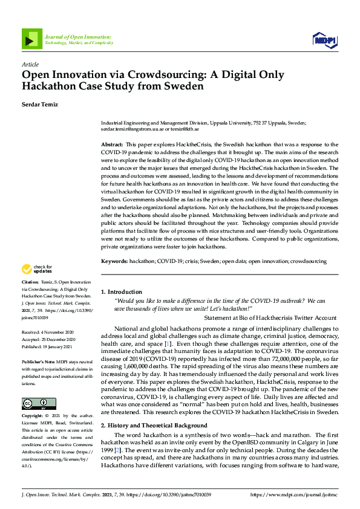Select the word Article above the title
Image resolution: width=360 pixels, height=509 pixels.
[x=30, y=64]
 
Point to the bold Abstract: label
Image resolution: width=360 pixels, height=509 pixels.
[x=112, y=145]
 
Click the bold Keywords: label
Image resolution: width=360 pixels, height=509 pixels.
[x=114, y=261]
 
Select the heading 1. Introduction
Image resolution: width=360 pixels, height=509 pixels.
[x=122, y=292]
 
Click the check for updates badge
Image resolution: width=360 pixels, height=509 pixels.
[x=37, y=269]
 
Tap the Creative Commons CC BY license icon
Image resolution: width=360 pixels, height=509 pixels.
[x=39, y=403]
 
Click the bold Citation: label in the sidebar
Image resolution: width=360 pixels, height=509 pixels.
[x=30, y=282]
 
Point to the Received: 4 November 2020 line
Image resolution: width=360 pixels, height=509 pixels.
[x=48, y=332]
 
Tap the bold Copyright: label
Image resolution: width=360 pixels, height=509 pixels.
[x=33, y=417]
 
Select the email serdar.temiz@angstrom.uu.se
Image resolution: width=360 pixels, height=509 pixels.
[x=134, y=129]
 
